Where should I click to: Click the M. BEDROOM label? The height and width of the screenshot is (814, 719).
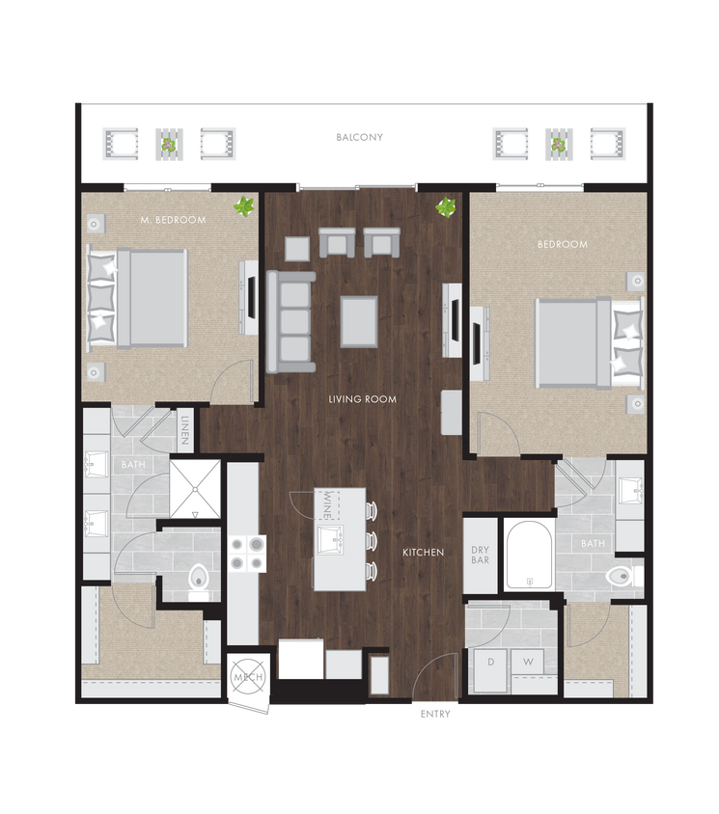(x=173, y=220)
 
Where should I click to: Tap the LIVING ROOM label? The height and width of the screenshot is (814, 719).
(x=362, y=399)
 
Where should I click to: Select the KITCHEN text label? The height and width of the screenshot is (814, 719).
(x=423, y=553)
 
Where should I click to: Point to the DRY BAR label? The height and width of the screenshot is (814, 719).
(x=480, y=556)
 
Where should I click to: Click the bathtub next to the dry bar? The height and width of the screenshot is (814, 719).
(x=529, y=556)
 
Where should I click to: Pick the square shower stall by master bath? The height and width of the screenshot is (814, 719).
(x=195, y=489)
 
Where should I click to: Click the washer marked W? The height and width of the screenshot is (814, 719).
(x=528, y=662)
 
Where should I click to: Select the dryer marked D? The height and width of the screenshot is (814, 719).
(x=489, y=662)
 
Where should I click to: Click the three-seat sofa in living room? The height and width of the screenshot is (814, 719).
(x=290, y=321)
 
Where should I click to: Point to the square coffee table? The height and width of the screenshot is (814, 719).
(x=359, y=321)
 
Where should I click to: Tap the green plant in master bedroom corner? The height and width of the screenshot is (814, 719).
(x=245, y=205)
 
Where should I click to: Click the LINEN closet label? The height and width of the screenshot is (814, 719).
(x=185, y=431)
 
